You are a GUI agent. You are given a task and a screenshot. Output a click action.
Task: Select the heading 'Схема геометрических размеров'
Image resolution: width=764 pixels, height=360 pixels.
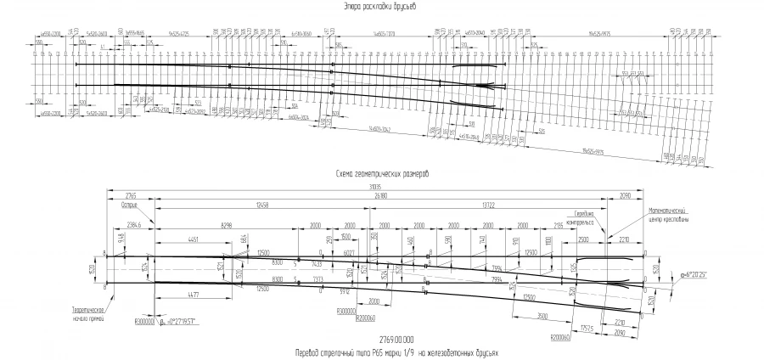[382, 172]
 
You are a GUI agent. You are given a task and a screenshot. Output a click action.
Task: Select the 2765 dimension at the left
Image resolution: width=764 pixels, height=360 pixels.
[131, 195]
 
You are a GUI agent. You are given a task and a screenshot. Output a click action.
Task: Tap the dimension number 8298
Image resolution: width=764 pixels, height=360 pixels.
[226, 225]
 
